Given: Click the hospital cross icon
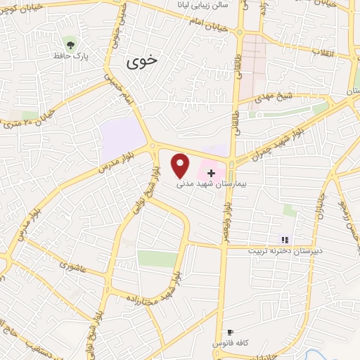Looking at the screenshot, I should click(x=210, y=172).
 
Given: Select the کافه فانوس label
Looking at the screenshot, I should click(x=230, y=342).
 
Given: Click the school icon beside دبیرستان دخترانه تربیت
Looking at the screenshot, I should click(x=285, y=240).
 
